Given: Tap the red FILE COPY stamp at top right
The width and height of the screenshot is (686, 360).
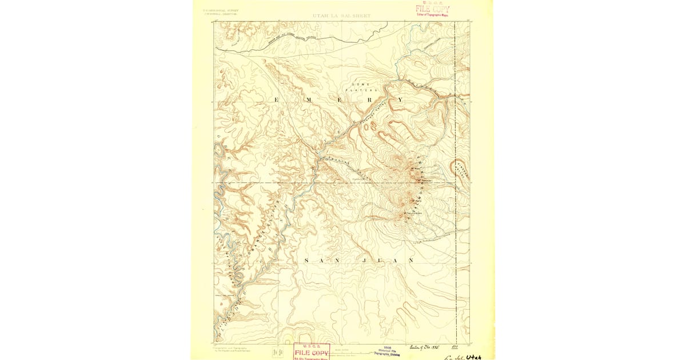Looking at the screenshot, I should (x=432, y=9).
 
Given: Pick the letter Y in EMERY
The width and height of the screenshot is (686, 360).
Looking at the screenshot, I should (x=400, y=100).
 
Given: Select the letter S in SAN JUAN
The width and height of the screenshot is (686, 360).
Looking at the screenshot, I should (x=307, y=261).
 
